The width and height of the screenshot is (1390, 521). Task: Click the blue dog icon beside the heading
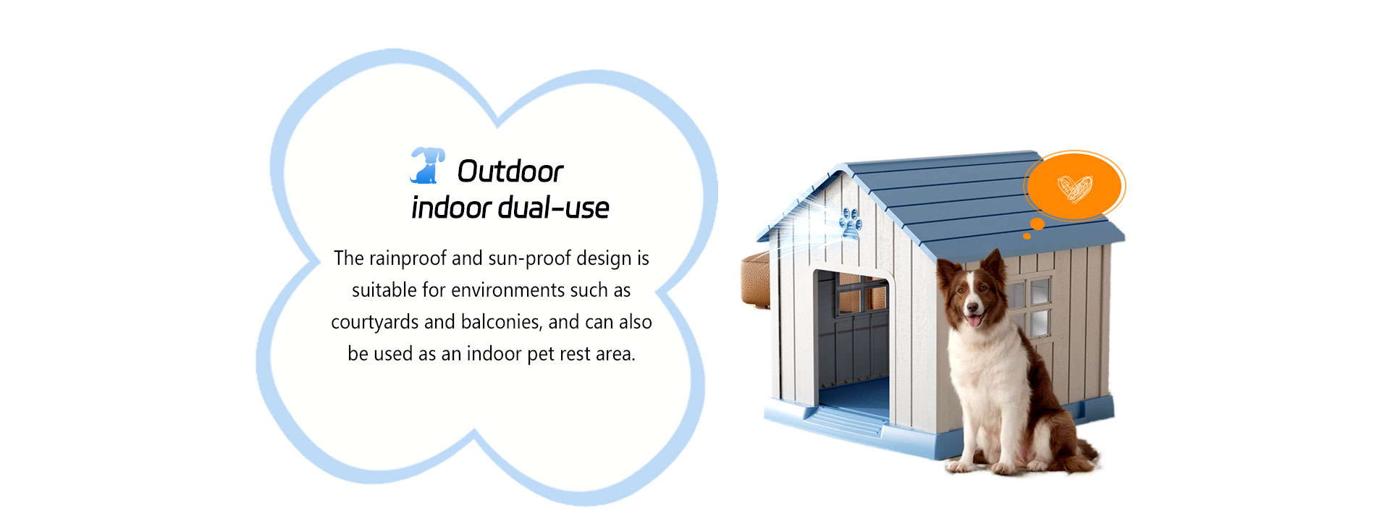coord(427,166)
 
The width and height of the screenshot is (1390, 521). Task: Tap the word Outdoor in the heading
coord(510,171)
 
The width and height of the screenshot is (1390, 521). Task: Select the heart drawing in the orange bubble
coord(1075,188)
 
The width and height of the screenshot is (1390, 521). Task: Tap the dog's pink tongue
coord(975,319)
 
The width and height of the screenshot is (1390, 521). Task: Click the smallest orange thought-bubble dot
coord(1027,236)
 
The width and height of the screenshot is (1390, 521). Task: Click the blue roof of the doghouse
coord(963,203)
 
